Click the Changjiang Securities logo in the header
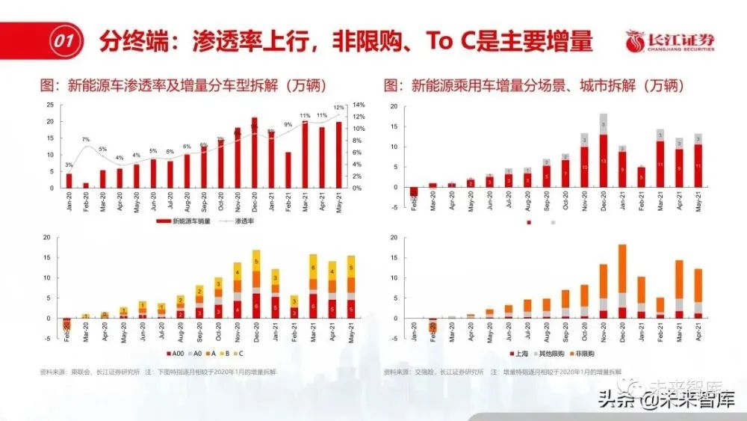click(x=669, y=40)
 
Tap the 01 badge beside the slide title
click(x=63, y=41)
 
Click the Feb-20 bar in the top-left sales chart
click(x=85, y=185)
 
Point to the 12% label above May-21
click(x=338, y=108)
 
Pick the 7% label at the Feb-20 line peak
click(x=86, y=139)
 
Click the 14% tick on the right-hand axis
click(x=358, y=105)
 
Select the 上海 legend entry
click(x=518, y=351)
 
